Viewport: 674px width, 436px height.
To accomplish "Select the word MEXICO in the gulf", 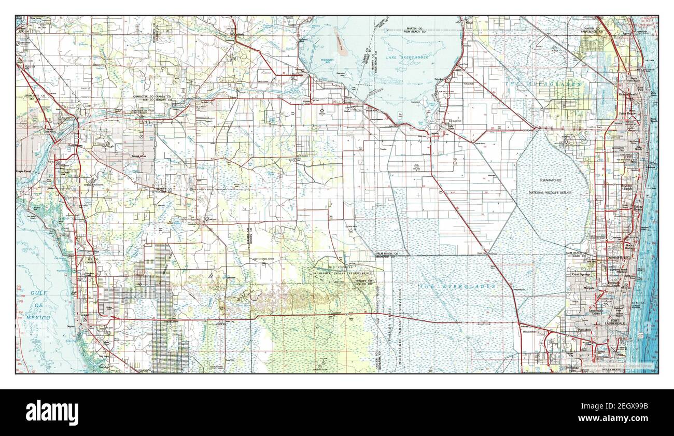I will (x=39, y=317).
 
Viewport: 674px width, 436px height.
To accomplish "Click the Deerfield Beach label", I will (x=617, y=258).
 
